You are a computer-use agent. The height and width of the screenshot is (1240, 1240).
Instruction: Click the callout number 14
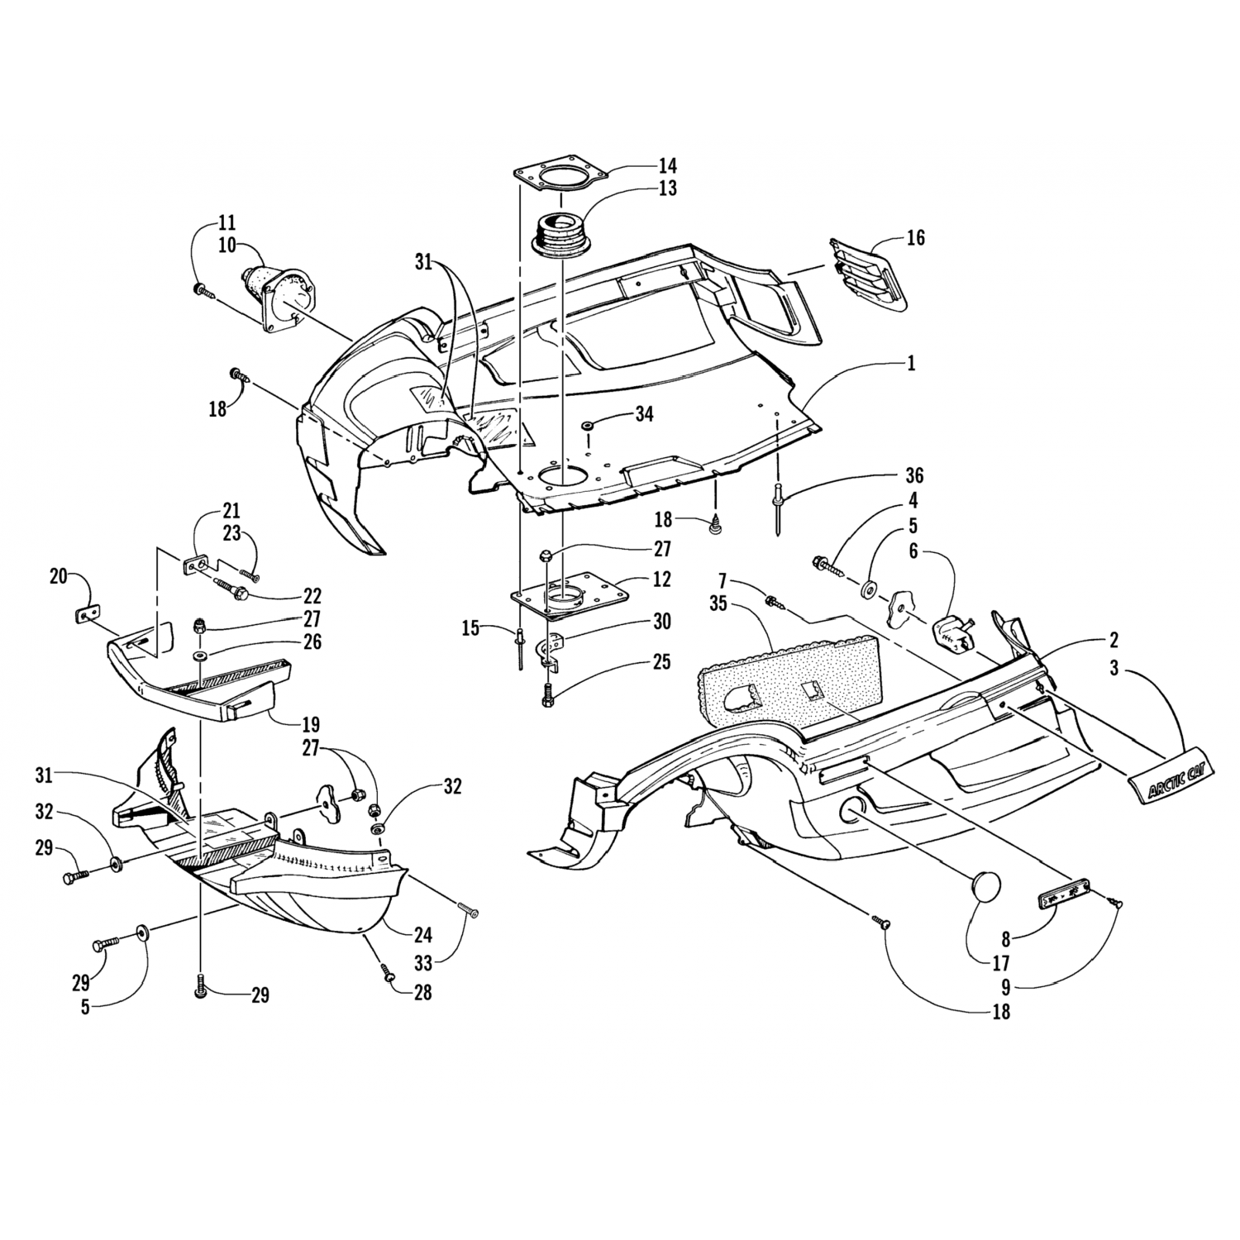pos(667,163)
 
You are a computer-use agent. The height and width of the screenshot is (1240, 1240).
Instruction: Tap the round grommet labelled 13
pos(560,229)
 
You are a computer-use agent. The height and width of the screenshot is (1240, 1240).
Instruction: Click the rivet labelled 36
pos(780,505)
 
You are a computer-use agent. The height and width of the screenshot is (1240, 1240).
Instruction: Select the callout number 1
pos(912,363)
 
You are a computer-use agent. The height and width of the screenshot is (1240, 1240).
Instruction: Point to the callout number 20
pos(58,577)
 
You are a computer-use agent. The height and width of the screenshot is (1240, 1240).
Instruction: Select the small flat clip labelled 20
pos(88,613)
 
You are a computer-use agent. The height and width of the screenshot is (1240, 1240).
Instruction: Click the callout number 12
pos(662,579)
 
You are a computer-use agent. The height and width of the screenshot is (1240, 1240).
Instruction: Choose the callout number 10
pos(227,246)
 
